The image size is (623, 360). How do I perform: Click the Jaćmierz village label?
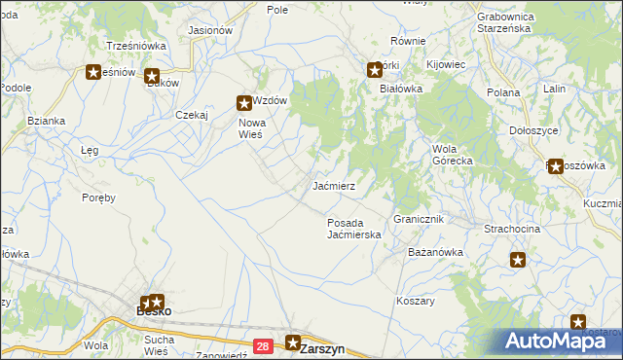coord(339,185)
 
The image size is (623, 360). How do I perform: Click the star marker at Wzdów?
coord(244,101)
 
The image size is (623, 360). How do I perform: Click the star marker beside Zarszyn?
coord(293,342)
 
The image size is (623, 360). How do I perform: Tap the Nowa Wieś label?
coord(251,127)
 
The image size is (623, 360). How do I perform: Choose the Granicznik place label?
coord(419,220)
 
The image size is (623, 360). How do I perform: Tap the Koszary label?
coord(416,301)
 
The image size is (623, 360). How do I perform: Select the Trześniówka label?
coord(136,46)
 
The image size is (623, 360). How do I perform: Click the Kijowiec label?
coord(447,64)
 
